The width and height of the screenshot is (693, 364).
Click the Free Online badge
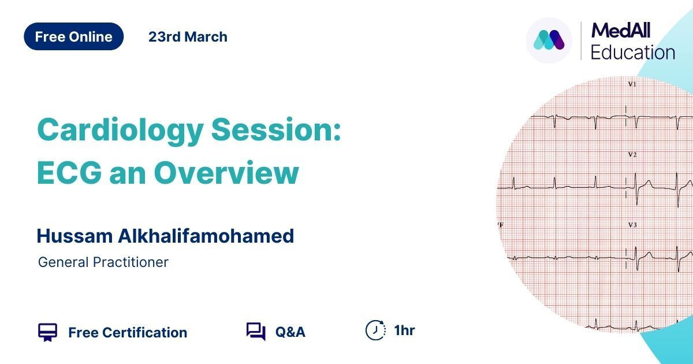[74, 36]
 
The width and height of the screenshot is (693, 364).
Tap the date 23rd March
[188, 37]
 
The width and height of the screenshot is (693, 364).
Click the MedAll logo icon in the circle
[549, 40]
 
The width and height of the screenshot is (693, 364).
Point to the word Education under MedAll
[633, 52]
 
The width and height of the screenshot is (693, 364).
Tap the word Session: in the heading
[276, 129]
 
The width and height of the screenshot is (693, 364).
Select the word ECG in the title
[69, 172]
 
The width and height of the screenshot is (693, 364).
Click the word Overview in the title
[226, 172]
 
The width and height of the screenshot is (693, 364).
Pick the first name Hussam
[74, 236]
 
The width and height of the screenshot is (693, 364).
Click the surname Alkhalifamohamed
[206, 236]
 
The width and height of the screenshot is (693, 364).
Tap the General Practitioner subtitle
[103, 262]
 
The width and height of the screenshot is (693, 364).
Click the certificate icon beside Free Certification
[47, 332]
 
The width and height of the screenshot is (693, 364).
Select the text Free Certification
[128, 332]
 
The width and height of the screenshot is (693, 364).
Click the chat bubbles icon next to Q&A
[256, 332]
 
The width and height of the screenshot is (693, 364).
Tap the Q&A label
[290, 332]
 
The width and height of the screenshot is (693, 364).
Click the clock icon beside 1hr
[375, 330]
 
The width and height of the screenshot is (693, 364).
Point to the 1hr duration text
[404, 330]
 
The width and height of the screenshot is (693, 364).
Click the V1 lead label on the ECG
[632, 84]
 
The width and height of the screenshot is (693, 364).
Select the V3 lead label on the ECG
[632, 225]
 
